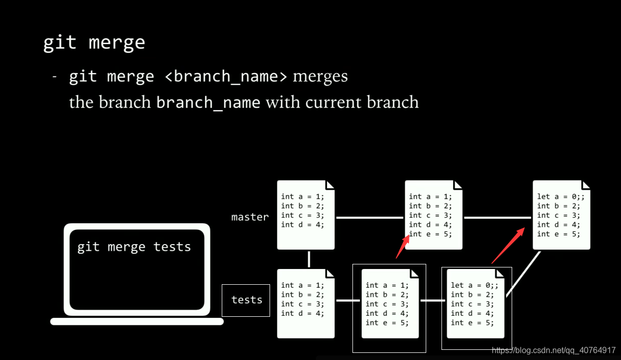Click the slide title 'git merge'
94,43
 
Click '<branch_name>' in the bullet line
226,77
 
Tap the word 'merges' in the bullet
320,77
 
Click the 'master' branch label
250,217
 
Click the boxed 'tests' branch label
246,300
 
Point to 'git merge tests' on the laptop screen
134,247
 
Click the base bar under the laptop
137,321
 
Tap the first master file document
305,215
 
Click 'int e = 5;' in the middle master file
430,234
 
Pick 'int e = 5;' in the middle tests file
387,322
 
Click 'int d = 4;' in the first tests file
302,313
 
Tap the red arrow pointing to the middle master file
402,246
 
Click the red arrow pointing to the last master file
508,246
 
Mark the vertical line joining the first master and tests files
309,259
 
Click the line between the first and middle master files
370,218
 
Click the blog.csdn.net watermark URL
553,350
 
